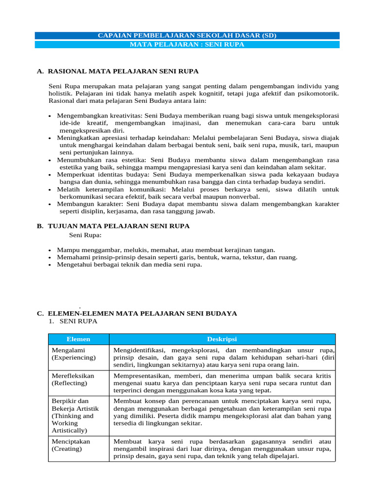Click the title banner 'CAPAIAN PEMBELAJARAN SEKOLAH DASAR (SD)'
187,36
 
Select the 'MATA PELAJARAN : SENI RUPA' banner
187,44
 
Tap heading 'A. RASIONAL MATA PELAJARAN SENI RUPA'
117,71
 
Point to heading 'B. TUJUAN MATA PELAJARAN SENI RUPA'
113,226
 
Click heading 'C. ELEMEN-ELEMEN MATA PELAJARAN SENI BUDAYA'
137,313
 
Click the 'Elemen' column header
78,339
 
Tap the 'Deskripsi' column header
222,339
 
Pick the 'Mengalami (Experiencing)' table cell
78,354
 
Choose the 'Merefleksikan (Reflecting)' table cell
78,380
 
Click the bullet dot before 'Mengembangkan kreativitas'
51,116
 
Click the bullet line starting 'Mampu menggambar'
166,249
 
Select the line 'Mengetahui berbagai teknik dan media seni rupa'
129,265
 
